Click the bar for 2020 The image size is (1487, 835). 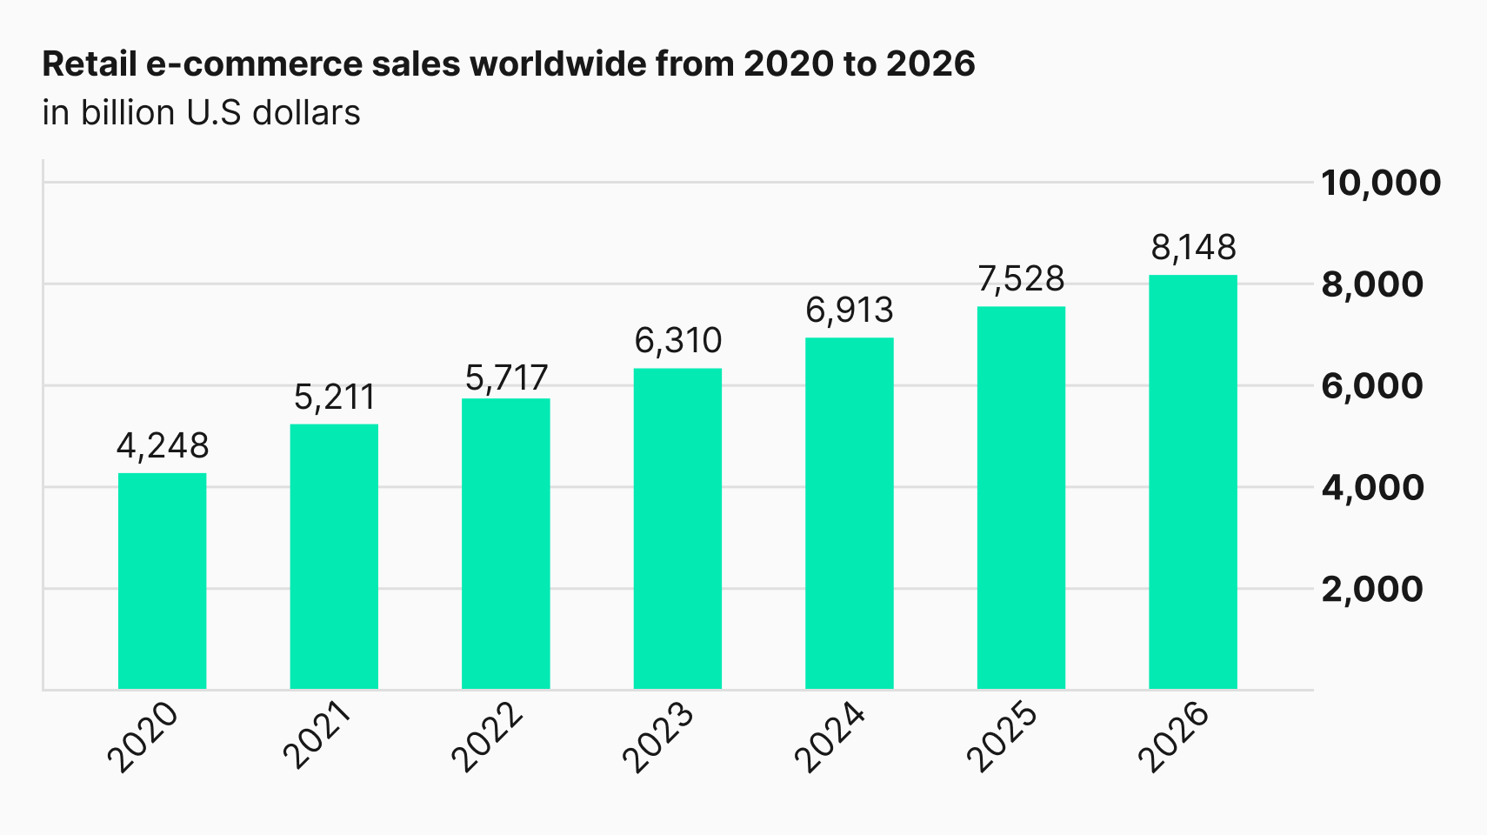162,581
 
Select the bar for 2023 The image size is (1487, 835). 677,529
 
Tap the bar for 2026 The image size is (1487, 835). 1193,482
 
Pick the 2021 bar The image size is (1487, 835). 334,557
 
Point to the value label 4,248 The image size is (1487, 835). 163,445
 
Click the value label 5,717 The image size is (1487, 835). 506,378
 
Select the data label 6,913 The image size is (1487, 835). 850,310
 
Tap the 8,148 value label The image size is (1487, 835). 1194,248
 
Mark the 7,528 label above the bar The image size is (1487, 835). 1021,279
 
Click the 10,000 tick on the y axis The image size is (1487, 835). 1381,184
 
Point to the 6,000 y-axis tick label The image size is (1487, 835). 1372,386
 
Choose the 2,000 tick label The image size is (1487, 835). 1372,590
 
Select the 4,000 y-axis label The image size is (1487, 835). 1372,488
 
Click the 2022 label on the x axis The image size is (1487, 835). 487,737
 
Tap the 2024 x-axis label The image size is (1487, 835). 830,737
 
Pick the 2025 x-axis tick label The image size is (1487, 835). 1002,737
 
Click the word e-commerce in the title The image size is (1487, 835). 254,64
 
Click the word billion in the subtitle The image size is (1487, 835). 128,113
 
